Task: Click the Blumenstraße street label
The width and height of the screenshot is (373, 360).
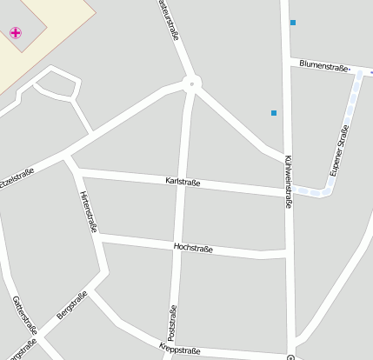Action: (x=323, y=65)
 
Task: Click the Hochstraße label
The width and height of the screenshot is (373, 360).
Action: (x=194, y=248)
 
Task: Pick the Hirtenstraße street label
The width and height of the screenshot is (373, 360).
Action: (x=88, y=211)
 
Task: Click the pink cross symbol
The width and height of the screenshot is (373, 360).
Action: (x=16, y=33)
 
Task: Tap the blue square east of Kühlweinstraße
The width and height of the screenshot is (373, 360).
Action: (x=293, y=23)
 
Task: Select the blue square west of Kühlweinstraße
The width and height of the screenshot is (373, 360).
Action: (x=274, y=113)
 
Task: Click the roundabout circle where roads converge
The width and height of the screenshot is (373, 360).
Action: (x=192, y=84)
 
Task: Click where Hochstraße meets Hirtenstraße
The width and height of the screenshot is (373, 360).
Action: (x=99, y=235)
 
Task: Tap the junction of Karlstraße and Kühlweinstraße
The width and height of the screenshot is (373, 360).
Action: (x=288, y=190)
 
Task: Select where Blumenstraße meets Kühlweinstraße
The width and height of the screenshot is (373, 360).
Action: (x=287, y=61)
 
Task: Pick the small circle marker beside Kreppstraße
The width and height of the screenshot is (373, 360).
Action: (x=290, y=357)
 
